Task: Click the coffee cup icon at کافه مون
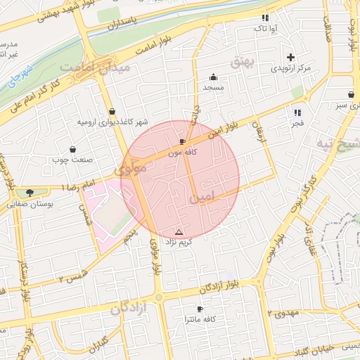pyautogui.click(x=183, y=141)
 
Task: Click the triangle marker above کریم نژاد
pyautogui.click(x=178, y=232)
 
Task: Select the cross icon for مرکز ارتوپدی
pyautogui.click(x=290, y=57)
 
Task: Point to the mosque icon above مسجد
pyautogui.click(x=213, y=77)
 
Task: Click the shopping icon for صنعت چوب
pyautogui.click(x=73, y=149)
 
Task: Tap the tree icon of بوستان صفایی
pyautogui.click(x=29, y=193)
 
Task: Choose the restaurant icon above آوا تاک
pyautogui.click(x=264, y=18)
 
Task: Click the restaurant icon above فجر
pyautogui.click(x=297, y=112)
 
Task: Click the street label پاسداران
pyautogui.click(x=125, y=27)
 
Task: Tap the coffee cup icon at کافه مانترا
pyautogui.click(x=200, y=309)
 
